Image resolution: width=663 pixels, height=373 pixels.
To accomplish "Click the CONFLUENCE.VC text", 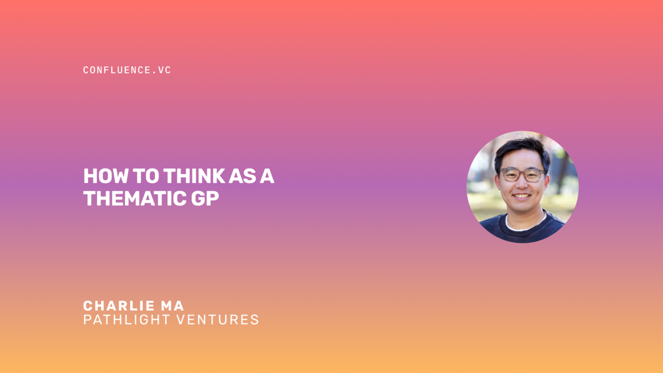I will coord(127,70).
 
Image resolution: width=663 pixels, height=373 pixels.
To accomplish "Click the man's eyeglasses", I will coord(521,175).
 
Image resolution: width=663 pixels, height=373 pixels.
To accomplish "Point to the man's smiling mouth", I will coord(522,195).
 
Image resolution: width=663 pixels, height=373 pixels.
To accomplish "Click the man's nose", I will coord(521,185).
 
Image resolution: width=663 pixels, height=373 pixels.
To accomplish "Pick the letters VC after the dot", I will coord(164,70).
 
